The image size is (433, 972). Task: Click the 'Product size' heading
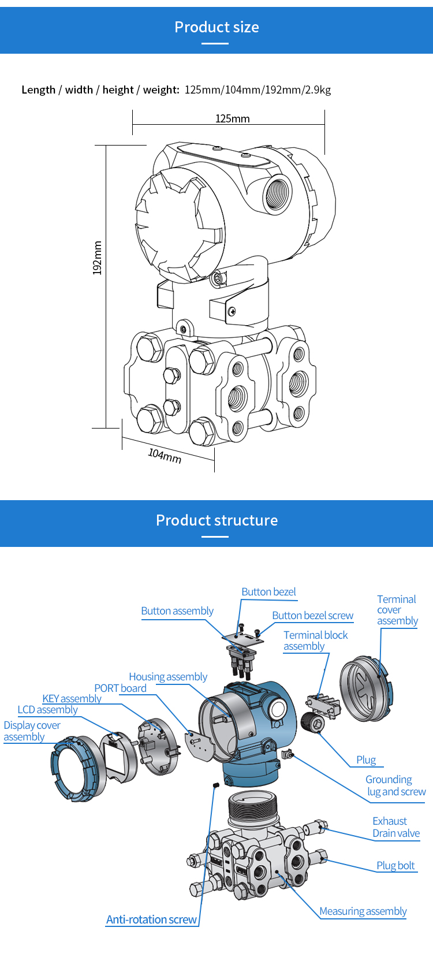(216, 27)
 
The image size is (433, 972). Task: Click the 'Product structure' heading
(216, 520)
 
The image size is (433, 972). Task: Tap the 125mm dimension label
(232, 118)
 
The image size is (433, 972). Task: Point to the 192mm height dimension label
(98, 258)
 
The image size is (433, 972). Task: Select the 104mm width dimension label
(165, 456)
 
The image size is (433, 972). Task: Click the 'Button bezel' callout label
(268, 592)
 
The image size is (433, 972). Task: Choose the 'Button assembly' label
(177, 611)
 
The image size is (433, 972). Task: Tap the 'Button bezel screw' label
(312, 616)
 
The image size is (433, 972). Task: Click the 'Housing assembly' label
(168, 677)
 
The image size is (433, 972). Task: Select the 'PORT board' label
(120, 688)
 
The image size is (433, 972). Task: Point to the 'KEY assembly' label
(72, 699)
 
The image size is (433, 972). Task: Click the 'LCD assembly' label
(47, 710)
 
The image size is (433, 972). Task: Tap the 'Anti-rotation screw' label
(151, 919)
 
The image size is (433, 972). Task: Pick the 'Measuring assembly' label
(363, 911)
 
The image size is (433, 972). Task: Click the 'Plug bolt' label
(395, 866)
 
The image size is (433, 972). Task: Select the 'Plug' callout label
(365, 760)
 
